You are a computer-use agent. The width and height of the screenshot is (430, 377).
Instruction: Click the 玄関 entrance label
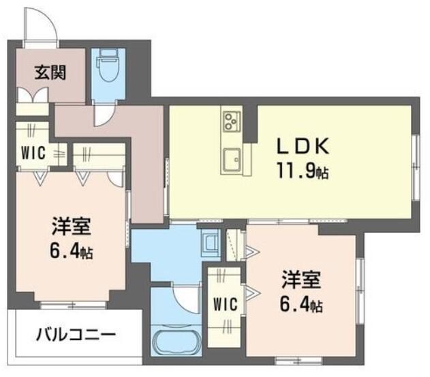tap(50, 72)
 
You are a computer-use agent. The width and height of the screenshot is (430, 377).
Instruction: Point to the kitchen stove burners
tap(229, 122)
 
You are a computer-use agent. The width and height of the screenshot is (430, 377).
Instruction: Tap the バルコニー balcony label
tap(76, 335)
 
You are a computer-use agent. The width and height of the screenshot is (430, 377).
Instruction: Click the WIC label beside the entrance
tap(32, 153)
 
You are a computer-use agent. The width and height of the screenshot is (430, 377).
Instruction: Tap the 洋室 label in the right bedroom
tap(302, 280)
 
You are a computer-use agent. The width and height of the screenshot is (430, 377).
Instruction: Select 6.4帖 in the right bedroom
tap(303, 305)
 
